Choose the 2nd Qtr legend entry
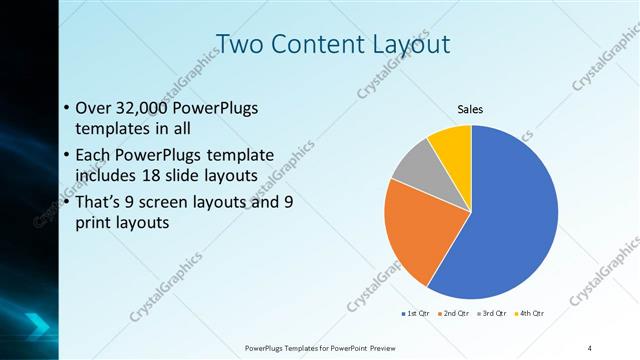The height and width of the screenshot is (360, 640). tap(456, 314)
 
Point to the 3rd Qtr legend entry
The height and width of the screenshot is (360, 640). tap(494, 314)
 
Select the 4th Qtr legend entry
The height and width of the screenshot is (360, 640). tap(531, 314)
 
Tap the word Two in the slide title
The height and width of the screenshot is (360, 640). tap(239, 45)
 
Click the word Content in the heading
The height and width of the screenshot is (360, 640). tap(311, 45)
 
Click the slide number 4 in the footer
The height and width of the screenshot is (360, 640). tap(590, 347)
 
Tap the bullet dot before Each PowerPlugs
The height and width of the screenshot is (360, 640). tap(66, 156)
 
